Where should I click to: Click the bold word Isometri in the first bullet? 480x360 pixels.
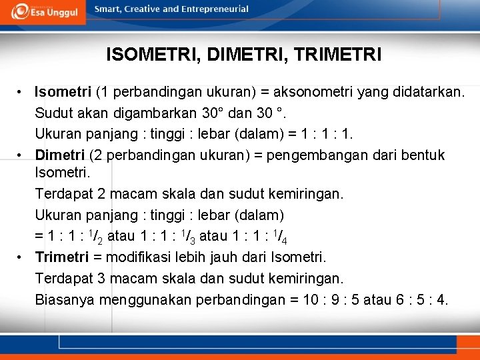pyautogui.click(x=64, y=91)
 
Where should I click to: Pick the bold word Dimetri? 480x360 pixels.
pyautogui.click(x=60, y=155)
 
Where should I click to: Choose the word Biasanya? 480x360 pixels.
pyautogui.click(x=65, y=299)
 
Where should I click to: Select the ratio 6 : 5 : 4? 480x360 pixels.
pyautogui.click(x=421, y=299)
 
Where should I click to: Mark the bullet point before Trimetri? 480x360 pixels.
pyautogui.click(x=21, y=257)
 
